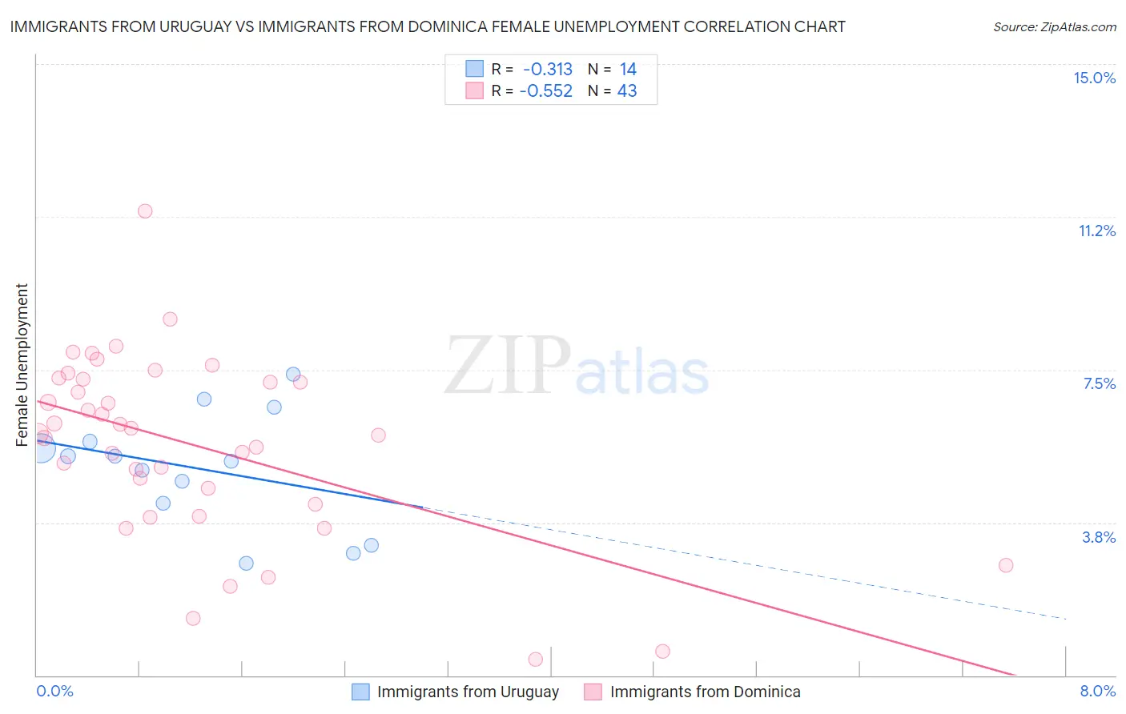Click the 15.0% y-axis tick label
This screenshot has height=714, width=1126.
(1094, 78)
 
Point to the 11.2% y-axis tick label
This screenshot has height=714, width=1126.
(1096, 231)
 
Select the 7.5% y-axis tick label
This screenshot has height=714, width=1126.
(1099, 383)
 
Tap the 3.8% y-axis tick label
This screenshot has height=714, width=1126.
(1099, 537)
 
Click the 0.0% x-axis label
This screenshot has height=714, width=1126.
(54, 691)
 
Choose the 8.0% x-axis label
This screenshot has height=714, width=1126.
(1097, 691)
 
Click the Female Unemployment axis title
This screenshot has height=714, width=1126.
(22, 364)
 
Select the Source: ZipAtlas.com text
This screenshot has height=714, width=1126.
(1054, 27)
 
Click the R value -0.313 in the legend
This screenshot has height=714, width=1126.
(548, 69)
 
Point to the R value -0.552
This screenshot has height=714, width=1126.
(546, 90)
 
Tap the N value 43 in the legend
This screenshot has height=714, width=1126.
(627, 90)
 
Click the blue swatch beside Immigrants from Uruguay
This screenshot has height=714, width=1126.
(360, 692)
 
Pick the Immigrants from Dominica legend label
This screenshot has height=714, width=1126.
(705, 692)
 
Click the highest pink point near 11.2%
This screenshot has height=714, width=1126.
(145, 211)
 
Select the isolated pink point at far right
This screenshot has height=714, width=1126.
(1006, 565)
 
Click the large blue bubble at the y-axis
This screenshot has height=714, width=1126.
(42, 449)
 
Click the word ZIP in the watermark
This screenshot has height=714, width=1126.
(507, 366)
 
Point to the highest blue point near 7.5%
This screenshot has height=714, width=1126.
(293, 374)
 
